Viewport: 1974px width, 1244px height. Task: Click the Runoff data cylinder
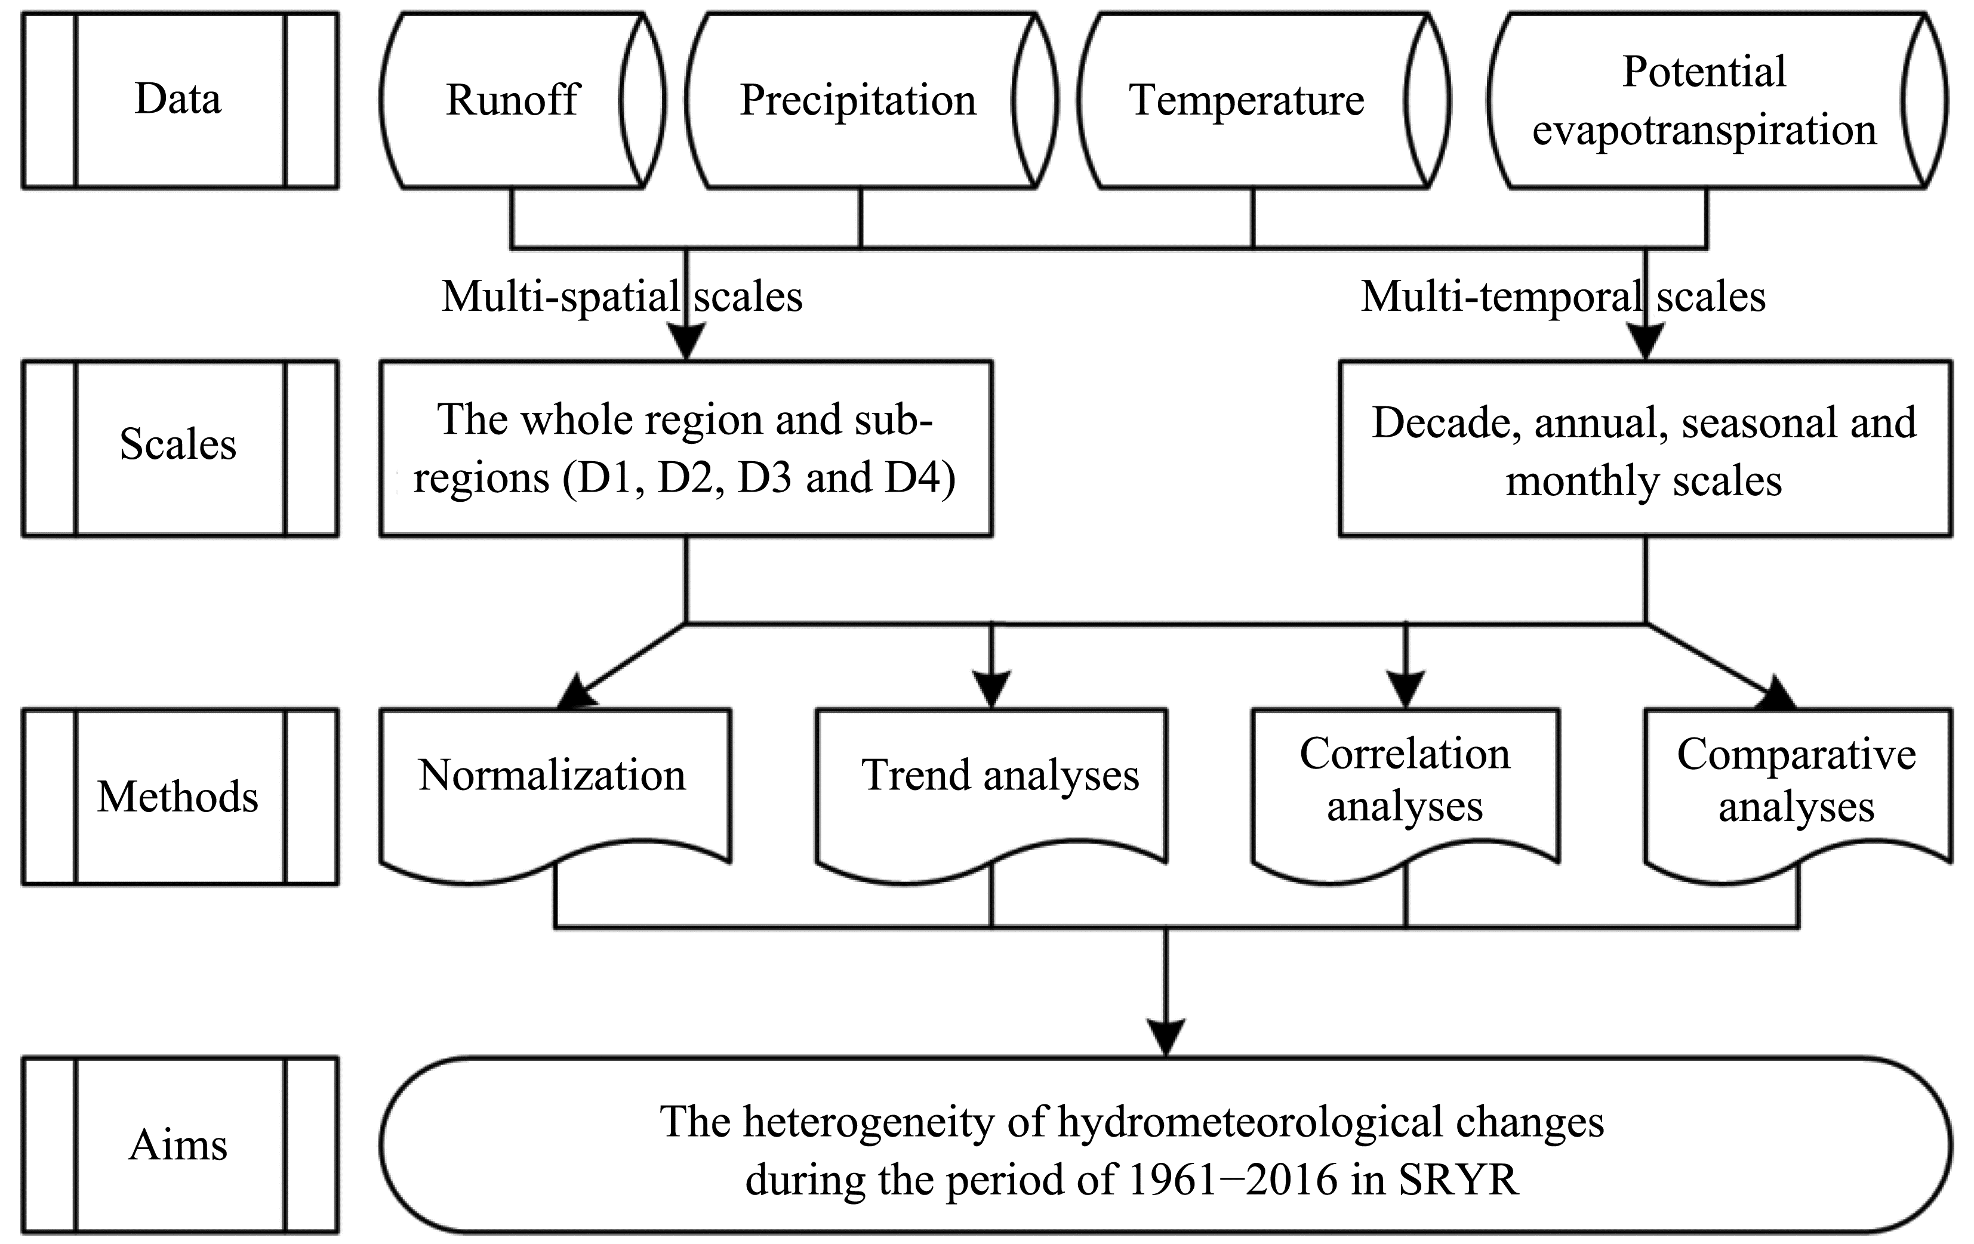pyautogui.click(x=522, y=100)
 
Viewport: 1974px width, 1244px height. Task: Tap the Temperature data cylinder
pyautogui.click(x=1263, y=100)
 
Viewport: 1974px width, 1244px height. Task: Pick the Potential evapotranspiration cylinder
pyautogui.click(x=1717, y=100)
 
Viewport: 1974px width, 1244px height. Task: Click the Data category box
pyautogui.click(x=180, y=100)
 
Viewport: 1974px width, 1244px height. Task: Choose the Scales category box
pyautogui.click(x=180, y=448)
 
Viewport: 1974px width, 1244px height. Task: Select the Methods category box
pyautogui.click(x=180, y=797)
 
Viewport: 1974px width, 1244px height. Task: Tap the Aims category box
pyautogui.click(x=180, y=1145)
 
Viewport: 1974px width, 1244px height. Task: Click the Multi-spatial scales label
pyautogui.click(x=622, y=297)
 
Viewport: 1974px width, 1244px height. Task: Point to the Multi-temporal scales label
pyautogui.click(x=1563, y=297)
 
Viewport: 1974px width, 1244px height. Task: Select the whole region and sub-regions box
pyautogui.click(x=686, y=448)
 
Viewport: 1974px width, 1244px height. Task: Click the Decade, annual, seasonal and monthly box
pyautogui.click(x=1645, y=448)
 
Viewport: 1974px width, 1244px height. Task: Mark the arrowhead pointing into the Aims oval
pyautogui.click(x=1166, y=1038)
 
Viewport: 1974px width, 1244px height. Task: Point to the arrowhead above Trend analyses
pyautogui.click(x=991, y=691)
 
